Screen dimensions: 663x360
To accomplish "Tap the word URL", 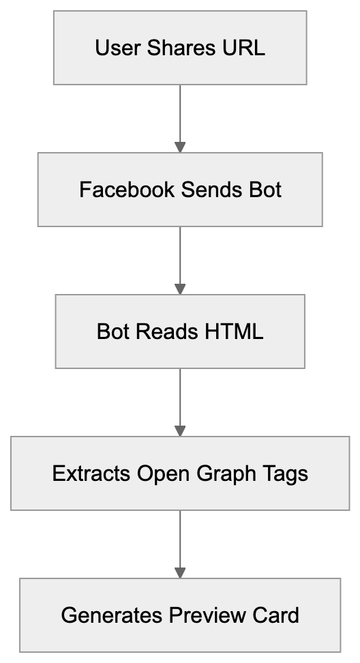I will [243, 48].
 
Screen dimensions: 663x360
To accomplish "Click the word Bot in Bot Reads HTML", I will [112, 332].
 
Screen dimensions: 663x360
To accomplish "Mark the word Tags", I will [286, 473].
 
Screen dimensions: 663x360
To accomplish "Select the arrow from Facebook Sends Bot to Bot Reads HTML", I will [180, 260].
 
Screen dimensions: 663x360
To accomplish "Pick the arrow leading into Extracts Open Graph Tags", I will [180, 402].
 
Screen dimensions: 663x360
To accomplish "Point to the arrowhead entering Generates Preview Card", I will [180, 572].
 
